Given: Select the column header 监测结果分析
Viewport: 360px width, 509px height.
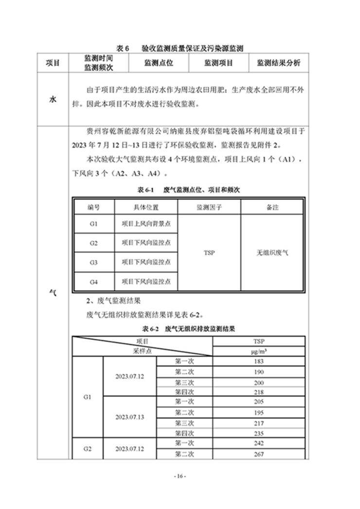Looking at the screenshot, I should click(278, 63).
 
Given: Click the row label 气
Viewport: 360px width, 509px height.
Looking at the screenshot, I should click(53, 293).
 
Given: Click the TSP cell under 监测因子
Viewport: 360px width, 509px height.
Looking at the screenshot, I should click(209, 253).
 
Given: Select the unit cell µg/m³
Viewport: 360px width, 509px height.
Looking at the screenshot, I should click(259, 350).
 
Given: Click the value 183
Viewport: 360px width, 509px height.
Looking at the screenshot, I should click(259, 361).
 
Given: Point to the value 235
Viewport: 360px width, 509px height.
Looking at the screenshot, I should click(259, 433).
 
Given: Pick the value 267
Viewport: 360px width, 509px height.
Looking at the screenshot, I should click(259, 454).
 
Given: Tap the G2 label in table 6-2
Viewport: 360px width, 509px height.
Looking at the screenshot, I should click(88, 449).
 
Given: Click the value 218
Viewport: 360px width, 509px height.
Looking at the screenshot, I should click(259, 392).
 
